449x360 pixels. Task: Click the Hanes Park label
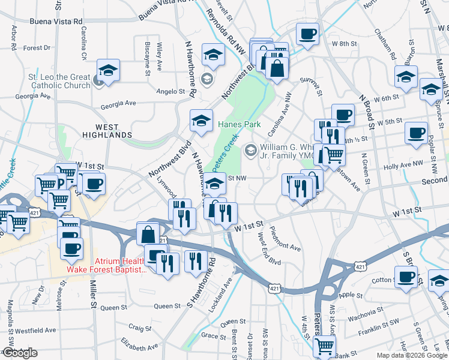(x=239, y=124)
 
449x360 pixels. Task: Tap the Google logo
(x=20, y=353)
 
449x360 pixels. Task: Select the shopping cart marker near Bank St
(x=324, y=346)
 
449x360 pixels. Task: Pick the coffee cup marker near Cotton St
(x=406, y=277)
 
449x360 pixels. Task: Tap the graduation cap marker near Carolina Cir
(x=109, y=71)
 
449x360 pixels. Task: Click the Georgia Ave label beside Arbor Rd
(x=33, y=96)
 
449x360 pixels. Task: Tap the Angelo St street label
(x=170, y=91)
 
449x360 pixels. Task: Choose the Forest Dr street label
(x=37, y=48)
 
